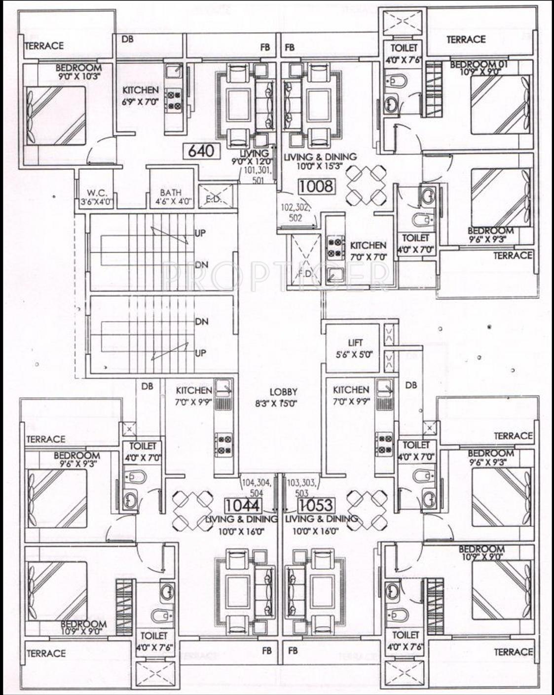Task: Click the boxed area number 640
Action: click(201, 150)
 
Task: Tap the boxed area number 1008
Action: click(317, 186)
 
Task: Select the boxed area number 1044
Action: click(242, 506)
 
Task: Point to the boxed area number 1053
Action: click(316, 506)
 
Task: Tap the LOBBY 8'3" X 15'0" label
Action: click(283, 397)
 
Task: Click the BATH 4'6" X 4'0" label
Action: click(170, 197)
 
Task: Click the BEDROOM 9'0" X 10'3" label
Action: click(78, 72)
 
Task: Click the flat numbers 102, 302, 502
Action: click(295, 212)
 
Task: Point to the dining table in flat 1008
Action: click(366, 186)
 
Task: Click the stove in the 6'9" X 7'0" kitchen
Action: click(173, 100)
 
